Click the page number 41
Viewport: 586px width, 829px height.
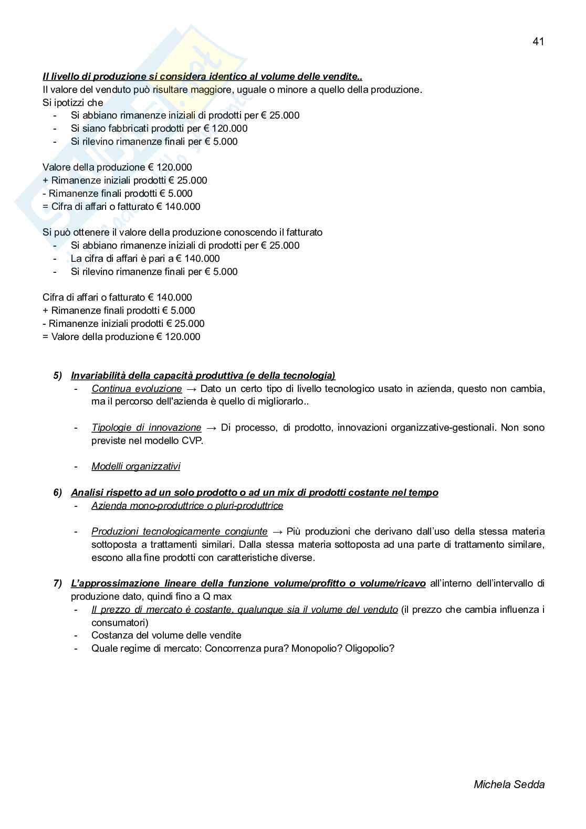(538, 42)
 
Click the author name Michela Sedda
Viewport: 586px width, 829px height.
(509, 784)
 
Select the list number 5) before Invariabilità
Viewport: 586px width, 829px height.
(58, 376)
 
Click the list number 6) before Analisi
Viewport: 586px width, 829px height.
(58, 493)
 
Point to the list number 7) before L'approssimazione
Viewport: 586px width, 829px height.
(58, 583)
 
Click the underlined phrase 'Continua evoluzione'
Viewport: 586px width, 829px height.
(137, 389)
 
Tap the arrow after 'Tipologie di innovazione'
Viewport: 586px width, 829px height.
(211, 428)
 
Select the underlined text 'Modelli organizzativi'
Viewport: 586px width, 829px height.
(135, 466)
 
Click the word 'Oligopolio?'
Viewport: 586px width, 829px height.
(370, 649)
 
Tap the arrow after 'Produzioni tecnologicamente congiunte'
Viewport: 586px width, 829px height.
(277, 532)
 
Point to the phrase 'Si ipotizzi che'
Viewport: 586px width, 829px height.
(73, 102)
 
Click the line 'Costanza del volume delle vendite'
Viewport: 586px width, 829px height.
(166, 635)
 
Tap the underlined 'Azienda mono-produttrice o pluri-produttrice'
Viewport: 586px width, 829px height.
(187, 506)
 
